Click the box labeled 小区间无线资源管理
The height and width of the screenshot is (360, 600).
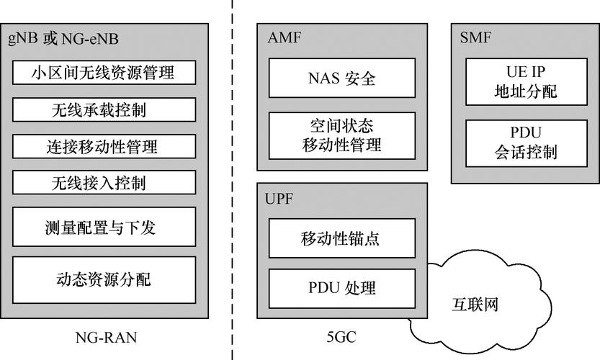click(x=104, y=73)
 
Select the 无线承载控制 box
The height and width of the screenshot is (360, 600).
click(x=104, y=109)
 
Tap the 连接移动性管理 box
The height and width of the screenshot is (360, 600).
click(x=104, y=146)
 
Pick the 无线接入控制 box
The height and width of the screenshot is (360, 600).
click(x=104, y=183)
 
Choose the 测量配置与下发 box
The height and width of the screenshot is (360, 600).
click(x=104, y=228)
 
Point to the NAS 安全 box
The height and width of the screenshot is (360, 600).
click(x=342, y=78)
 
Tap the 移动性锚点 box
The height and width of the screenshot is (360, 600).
click(x=342, y=239)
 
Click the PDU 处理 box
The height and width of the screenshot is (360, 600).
click(x=342, y=289)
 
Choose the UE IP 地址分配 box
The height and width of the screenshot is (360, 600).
click(x=516, y=81)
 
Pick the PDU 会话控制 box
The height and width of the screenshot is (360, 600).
click(x=516, y=143)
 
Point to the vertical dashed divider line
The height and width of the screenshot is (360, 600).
click(x=232, y=180)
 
